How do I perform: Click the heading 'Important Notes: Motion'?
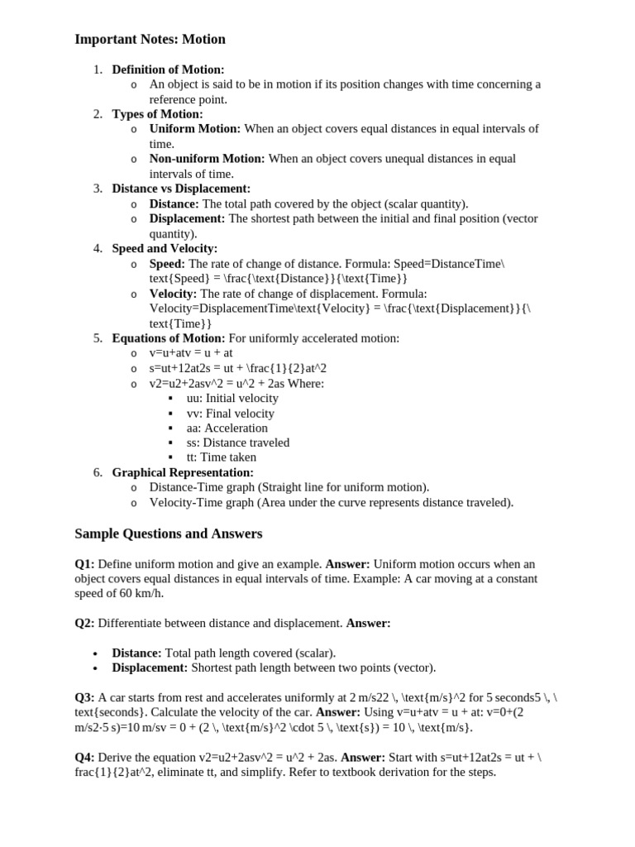[x=150, y=40]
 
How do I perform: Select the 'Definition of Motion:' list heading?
[x=168, y=69]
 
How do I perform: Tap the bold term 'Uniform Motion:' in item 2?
[x=194, y=129]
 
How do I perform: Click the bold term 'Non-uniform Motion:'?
[x=207, y=159]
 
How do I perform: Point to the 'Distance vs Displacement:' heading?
[x=181, y=189]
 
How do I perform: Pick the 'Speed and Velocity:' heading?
[x=165, y=248]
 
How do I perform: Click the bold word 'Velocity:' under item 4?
[x=173, y=294]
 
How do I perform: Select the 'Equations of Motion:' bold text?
[x=168, y=338]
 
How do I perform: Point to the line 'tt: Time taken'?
[x=222, y=457]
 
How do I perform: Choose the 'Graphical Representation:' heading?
[x=183, y=472]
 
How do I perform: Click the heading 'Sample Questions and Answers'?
[x=168, y=534]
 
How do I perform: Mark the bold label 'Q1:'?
[x=84, y=564]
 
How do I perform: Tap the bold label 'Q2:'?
[x=84, y=623]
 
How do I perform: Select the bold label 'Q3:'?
[x=84, y=697]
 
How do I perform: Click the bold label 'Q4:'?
[x=84, y=757]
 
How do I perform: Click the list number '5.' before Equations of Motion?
[x=98, y=338]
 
